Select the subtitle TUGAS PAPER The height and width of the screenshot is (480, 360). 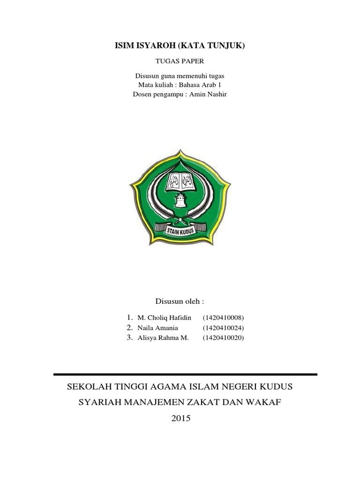click(180, 61)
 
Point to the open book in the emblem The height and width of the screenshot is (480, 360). click(180, 180)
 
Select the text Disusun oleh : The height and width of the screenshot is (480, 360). click(180, 300)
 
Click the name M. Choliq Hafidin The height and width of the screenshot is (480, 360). click(164, 318)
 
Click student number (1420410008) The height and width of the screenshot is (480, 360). click(224, 318)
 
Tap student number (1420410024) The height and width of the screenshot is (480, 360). click(224, 328)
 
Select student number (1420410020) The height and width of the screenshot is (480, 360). click(224, 337)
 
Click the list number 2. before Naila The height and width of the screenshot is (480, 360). click(129, 328)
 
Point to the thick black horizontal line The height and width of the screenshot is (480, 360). click(186, 374)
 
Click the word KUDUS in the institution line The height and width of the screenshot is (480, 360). click(274, 387)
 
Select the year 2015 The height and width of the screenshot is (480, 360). click(180, 418)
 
